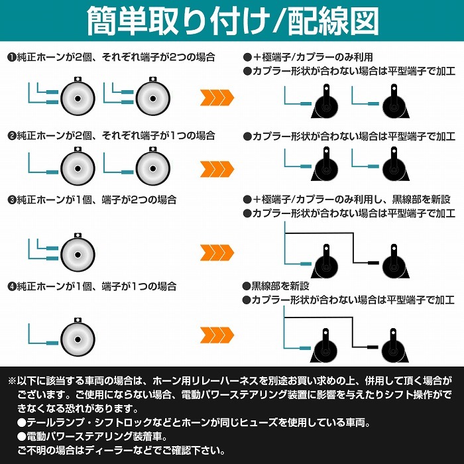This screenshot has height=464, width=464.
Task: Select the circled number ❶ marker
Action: (x=11, y=58)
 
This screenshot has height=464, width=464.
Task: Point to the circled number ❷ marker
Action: (x=11, y=135)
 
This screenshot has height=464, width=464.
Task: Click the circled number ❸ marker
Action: (x=11, y=199)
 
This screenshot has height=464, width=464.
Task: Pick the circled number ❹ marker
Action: (x=11, y=286)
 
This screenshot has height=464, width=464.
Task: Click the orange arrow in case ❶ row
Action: (x=217, y=99)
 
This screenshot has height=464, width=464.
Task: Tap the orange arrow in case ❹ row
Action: (x=217, y=333)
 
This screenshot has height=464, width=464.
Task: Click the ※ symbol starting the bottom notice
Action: (x=12, y=382)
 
